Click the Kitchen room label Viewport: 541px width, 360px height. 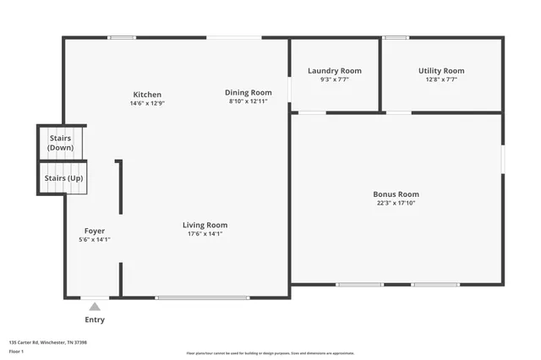point(147,94)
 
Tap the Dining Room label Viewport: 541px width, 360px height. point(248,92)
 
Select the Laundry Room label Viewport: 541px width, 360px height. point(334,71)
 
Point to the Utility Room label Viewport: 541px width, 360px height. point(441,71)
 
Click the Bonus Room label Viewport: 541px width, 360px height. point(396,194)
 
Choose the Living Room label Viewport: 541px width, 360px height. point(205,225)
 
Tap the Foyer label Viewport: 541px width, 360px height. point(95,231)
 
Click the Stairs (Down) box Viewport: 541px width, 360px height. point(60,143)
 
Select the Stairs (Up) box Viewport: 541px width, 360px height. point(63,178)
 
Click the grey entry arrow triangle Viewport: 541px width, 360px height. point(95,307)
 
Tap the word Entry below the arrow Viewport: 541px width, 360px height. point(95,320)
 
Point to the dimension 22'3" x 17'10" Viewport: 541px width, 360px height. point(396,203)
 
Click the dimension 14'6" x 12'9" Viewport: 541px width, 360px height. point(147,103)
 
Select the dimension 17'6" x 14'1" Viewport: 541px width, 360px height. point(205,234)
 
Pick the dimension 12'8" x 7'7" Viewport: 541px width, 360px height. point(441,79)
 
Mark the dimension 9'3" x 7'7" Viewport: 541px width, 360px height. point(334,79)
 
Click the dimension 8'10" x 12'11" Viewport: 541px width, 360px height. point(248,101)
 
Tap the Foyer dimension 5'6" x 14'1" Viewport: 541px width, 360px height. point(95,240)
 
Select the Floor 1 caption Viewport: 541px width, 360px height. point(16,351)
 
